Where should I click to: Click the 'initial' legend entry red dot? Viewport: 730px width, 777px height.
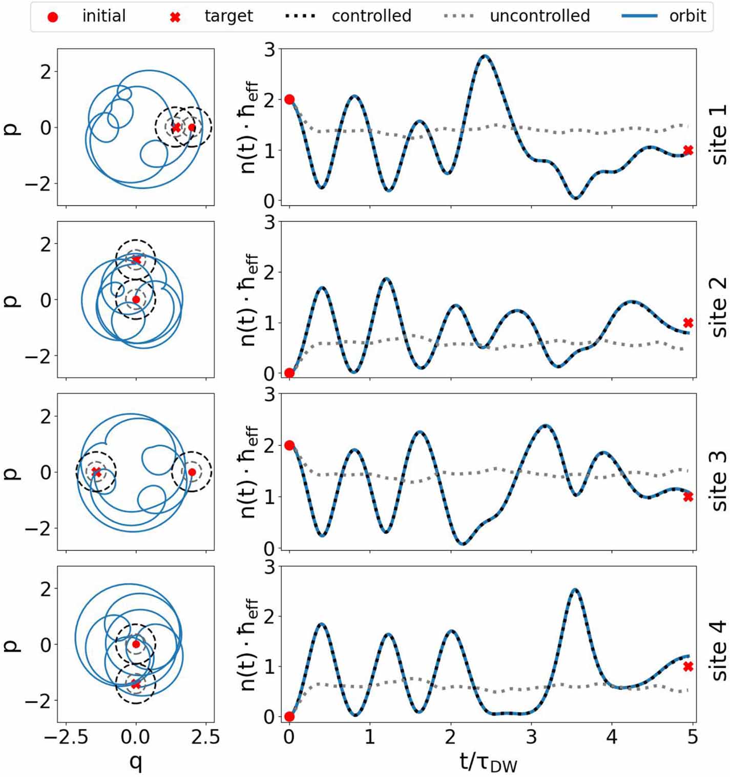[52, 17]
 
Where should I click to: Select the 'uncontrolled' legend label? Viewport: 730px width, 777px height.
[539, 16]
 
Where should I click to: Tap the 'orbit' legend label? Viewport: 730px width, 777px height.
[687, 16]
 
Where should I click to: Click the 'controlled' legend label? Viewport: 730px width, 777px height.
[371, 16]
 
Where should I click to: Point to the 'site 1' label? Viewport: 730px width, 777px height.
[719, 134]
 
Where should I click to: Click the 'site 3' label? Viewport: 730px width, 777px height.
[719, 481]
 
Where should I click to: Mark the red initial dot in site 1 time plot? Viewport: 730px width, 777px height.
[289, 99]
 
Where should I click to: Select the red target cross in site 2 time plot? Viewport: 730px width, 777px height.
[688, 323]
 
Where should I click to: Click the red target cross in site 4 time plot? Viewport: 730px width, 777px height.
[688, 666]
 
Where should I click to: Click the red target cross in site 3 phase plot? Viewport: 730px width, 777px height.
[96, 472]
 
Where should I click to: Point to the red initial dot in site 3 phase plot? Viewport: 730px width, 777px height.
[192, 472]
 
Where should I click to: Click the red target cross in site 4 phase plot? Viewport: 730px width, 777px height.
[136, 684]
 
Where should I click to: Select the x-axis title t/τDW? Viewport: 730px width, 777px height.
[488, 762]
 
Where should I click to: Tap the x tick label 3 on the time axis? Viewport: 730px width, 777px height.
[531, 737]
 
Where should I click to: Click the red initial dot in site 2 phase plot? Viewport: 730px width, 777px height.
[136, 299]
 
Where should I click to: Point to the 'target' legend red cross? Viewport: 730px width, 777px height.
[175, 17]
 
